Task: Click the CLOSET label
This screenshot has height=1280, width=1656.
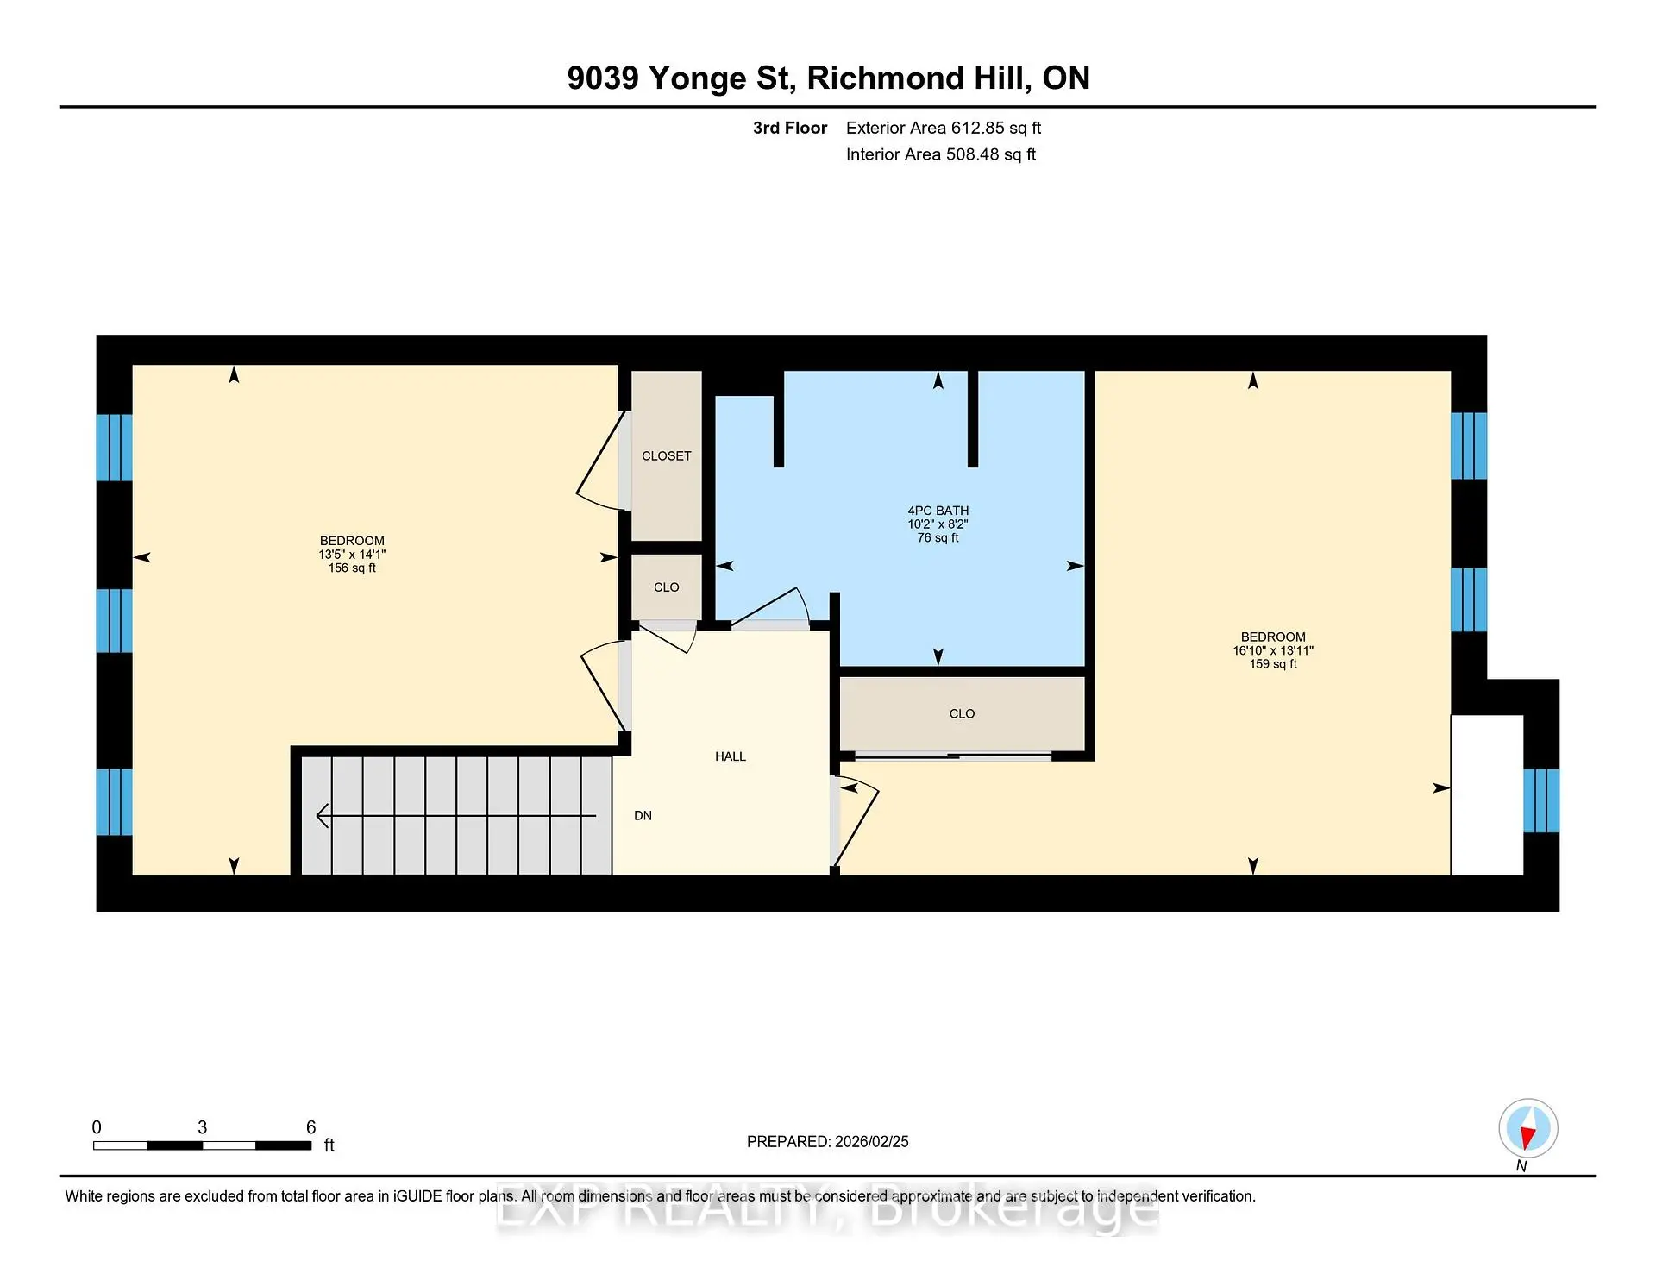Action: pyautogui.click(x=666, y=455)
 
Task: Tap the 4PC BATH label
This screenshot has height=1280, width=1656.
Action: pyautogui.click(x=938, y=511)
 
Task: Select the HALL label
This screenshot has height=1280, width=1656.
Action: pyautogui.click(x=731, y=756)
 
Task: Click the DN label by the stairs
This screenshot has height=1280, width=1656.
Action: pyautogui.click(x=643, y=815)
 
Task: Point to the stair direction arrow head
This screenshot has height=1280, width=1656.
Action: pyautogui.click(x=323, y=815)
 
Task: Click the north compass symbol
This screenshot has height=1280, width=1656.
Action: pyautogui.click(x=1527, y=1128)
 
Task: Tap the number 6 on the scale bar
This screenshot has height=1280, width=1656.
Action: pyautogui.click(x=311, y=1127)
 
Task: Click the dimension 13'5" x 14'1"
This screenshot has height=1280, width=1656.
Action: pyautogui.click(x=352, y=555)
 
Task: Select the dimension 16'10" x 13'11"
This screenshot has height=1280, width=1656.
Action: pyautogui.click(x=1273, y=650)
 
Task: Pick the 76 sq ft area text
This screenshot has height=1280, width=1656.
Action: pyautogui.click(x=938, y=537)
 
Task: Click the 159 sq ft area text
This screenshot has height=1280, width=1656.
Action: pyautogui.click(x=1273, y=663)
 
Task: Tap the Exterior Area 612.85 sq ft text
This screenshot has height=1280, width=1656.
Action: pyautogui.click(x=944, y=128)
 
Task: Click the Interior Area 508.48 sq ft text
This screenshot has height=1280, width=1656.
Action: pyautogui.click(x=941, y=154)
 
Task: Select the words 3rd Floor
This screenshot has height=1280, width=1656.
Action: pyautogui.click(x=790, y=128)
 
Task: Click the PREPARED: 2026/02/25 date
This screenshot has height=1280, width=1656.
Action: pyautogui.click(x=828, y=1141)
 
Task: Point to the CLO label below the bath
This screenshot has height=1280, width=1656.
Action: pyautogui.click(x=962, y=713)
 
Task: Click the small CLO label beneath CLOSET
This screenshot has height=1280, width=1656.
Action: pyautogui.click(x=666, y=587)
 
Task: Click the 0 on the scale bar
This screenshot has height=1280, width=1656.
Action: pyautogui.click(x=97, y=1127)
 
